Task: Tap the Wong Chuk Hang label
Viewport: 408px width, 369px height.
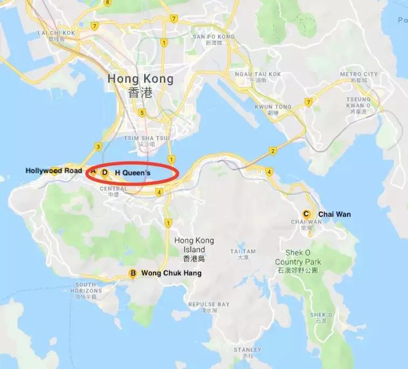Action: [171, 274]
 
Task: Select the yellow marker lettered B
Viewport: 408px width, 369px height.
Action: [133, 274]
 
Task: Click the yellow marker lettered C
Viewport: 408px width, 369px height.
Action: [307, 214]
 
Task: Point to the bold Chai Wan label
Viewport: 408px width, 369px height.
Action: [334, 214]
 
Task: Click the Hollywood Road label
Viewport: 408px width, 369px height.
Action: [54, 171]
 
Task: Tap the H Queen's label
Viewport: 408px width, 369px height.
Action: [133, 173]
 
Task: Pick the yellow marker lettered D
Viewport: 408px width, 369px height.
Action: [105, 173]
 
